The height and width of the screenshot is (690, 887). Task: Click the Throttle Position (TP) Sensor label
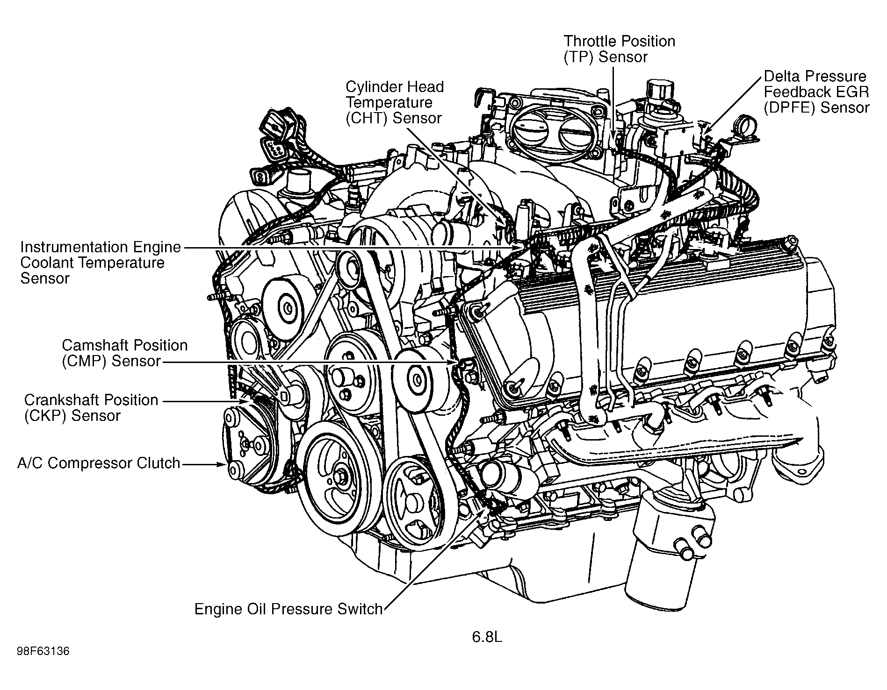(x=619, y=49)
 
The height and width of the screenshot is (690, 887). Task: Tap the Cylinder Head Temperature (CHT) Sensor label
(x=394, y=102)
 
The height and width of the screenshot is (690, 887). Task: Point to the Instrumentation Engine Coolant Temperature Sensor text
(x=100, y=263)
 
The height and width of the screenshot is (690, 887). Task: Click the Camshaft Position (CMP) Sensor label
(x=124, y=353)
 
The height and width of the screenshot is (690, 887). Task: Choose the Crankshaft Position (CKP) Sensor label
(x=91, y=408)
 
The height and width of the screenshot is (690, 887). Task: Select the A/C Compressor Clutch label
(x=99, y=463)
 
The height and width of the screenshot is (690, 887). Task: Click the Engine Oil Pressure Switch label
(x=288, y=609)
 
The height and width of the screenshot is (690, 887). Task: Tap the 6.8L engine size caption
(x=486, y=637)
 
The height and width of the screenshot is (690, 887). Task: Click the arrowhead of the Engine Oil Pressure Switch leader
(x=485, y=512)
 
